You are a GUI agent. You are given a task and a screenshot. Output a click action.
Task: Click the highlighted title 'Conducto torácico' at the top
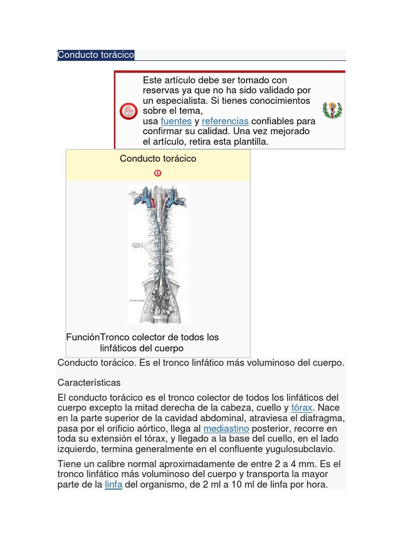(96, 55)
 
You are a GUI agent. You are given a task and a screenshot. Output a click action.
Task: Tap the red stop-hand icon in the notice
(129, 111)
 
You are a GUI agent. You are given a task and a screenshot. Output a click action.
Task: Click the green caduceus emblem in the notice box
(332, 111)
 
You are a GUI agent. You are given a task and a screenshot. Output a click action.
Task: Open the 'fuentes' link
(176, 121)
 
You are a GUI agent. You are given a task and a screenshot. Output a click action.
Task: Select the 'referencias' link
(225, 121)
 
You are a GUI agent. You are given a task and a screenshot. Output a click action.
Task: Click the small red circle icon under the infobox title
(157, 173)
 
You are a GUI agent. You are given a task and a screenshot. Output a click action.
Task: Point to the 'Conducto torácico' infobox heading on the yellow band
(157, 158)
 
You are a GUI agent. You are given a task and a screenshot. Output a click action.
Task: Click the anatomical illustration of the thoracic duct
(157, 254)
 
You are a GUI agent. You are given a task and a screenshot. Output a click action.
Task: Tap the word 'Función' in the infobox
(83, 337)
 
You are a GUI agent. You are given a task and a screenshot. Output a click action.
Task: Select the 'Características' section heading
(89, 382)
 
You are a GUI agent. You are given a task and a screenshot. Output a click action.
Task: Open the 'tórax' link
(302, 407)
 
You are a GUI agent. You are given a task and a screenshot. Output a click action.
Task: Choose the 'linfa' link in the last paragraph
(113, 485)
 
